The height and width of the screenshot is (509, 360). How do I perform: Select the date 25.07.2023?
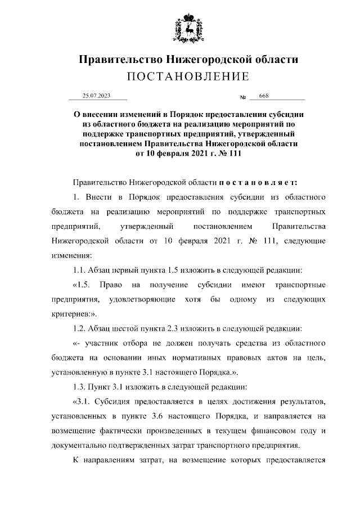click(x=96, y=97)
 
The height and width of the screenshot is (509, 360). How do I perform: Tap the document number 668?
click(x=263, y=97)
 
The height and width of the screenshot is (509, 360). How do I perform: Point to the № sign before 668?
click(x=244, y=98)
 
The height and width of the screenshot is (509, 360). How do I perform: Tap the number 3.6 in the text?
click(x=198, y=415)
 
